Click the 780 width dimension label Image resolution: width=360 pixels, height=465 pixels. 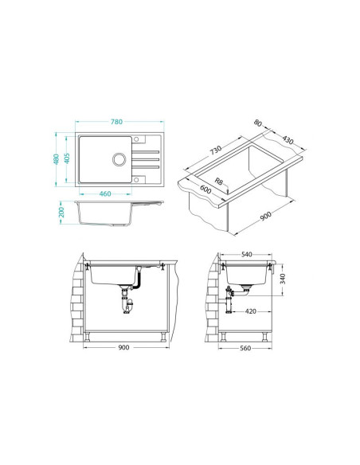116,122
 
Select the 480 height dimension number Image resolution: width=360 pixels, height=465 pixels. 56,159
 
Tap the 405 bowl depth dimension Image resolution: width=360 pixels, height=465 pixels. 67,158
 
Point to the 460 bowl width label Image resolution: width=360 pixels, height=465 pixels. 105,194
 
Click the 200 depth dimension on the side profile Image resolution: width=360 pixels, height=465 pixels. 61,213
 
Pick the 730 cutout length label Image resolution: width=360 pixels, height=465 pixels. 216,150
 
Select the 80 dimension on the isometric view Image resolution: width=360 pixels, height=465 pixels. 258,123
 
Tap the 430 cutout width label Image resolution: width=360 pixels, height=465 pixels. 288,139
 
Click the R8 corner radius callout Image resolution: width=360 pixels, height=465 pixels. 218,182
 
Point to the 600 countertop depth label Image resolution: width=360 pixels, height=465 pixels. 205,190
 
